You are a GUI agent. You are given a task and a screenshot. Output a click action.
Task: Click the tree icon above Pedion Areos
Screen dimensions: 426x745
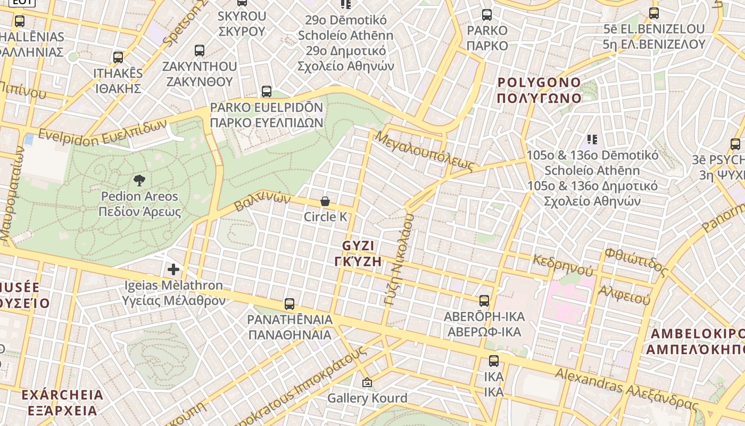[x=139, y=180]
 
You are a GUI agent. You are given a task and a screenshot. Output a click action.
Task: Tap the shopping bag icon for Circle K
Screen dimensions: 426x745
[x=325, y=201]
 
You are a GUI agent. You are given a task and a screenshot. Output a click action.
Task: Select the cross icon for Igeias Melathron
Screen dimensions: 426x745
[x=173, y=269]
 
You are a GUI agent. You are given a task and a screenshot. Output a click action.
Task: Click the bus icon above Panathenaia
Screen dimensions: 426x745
[x=289, y=304]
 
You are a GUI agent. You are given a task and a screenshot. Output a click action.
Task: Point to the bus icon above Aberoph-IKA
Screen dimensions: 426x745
[x=484, y=301]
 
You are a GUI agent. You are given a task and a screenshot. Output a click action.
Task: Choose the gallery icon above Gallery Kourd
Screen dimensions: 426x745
[x=367, y=382]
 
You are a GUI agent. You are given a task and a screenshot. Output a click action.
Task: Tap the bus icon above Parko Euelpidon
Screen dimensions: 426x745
[x=267, y=92]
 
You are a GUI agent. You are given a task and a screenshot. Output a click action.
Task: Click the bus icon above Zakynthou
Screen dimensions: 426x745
[x=200, y=51]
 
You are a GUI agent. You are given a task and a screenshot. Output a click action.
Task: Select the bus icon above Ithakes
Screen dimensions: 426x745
[x=118, y=58]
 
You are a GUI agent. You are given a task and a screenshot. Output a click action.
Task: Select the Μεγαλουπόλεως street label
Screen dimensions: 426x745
[x=424, y=151]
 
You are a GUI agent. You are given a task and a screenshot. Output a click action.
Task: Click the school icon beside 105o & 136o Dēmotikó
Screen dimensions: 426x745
[x=592, y=140]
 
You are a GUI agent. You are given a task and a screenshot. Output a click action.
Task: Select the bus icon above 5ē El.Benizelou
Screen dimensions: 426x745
[x=654, y=14]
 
